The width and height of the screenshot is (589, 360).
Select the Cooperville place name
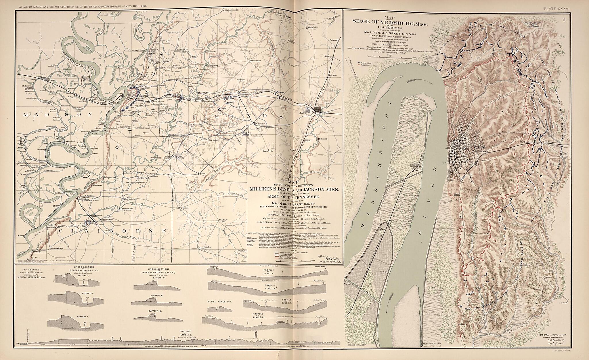(x=268, y=151)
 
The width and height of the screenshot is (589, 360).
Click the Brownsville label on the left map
(x=255, y=61)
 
